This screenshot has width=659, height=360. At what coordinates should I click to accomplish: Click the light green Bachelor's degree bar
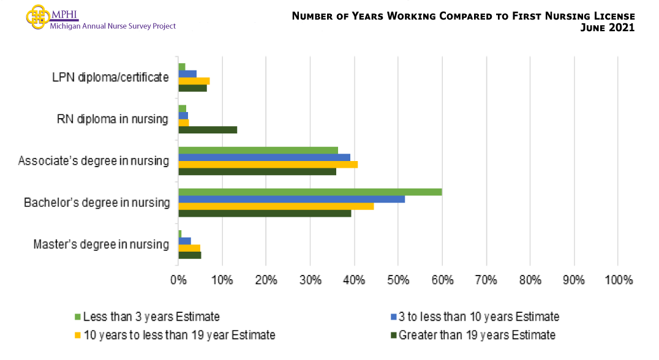[310, 192]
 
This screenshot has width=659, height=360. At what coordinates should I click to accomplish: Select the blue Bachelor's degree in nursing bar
[292, 199]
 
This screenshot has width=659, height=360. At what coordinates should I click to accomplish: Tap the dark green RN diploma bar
[208, 130]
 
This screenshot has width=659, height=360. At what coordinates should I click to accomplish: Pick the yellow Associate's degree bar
[268, 164]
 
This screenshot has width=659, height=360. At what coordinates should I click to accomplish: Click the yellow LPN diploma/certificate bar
[194, 81]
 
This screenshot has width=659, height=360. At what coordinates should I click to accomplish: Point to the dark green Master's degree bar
[189, 255]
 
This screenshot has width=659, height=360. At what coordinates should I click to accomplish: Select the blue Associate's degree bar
[264, 157]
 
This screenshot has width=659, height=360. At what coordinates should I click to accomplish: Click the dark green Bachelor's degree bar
[265, 213]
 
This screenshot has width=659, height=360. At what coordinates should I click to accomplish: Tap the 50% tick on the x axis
[398, 280]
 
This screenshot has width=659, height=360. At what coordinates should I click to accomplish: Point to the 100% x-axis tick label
[618, 280]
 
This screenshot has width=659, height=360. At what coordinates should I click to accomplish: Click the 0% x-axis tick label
[178, 280]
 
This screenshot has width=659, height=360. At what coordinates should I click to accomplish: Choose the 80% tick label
[530, 280]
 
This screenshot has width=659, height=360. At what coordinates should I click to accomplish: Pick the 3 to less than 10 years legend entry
[475, 317]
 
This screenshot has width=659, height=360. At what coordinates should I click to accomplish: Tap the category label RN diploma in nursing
[112, 119]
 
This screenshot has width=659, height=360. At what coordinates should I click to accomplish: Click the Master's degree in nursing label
[101, 244]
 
